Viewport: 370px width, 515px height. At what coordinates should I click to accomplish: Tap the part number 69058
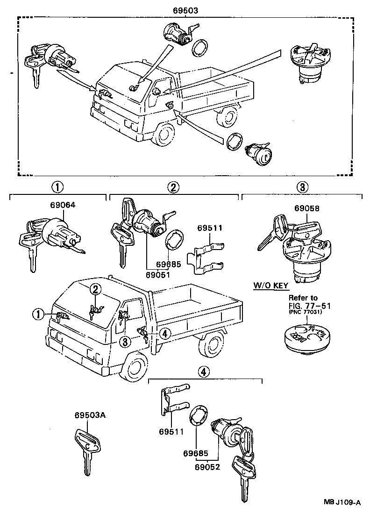point(307,208)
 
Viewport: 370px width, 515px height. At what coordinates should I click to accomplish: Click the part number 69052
point(207,466)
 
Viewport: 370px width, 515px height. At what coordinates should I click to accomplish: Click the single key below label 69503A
point(87,449)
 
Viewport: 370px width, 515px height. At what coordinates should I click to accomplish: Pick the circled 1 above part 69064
point(57,187)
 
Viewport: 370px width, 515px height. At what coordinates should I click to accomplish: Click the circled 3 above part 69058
point(302,187)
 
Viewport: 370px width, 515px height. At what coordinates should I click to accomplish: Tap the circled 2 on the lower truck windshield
point(95,289)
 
